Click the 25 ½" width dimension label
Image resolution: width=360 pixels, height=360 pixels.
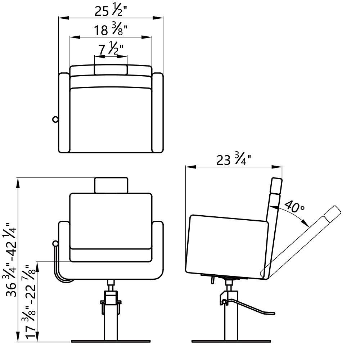pyautogui.click(x=111, y=11)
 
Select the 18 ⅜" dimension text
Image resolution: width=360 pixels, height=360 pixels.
pyautogui.click(x=111, y=30)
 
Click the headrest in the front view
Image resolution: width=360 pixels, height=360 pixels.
pyautogui.click(x=111, y=185)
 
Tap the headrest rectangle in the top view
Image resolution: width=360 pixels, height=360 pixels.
pyautogui.click(x=111, y=70)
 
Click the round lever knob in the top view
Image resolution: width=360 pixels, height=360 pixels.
pyautogui.click(x=55, y=120)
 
